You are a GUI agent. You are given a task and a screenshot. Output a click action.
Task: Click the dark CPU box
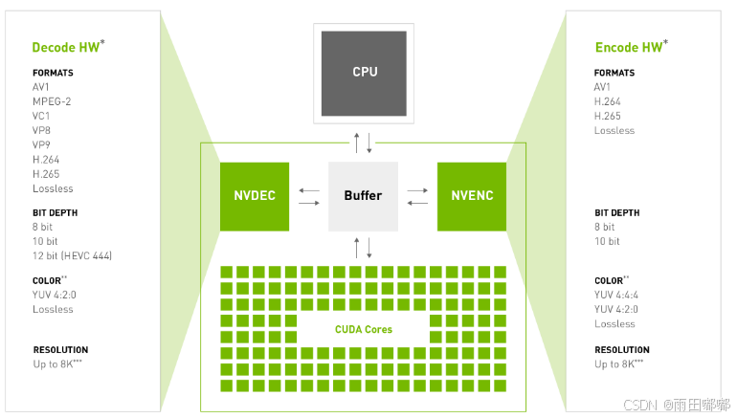[x=363, y=73]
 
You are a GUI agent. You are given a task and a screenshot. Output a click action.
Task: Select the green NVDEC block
[x=254, y=196]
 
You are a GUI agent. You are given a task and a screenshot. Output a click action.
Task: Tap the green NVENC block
[x=471, y=196]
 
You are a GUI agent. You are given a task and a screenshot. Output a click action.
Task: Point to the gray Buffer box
[x=363, y=196]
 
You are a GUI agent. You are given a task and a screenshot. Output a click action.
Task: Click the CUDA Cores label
[x=363, y=329]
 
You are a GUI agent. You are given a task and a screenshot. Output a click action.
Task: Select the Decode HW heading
[x=68, y=47]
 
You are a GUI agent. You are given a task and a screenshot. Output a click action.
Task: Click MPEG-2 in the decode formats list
[x=52, y=101]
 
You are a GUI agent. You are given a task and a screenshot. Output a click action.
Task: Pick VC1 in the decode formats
[x=42, y=116]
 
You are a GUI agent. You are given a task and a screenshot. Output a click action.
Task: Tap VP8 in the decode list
[x=42, y=130]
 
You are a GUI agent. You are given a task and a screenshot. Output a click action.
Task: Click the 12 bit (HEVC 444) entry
[x=73, y=255]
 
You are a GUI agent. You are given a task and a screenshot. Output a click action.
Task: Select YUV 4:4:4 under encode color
[x=616, y=295]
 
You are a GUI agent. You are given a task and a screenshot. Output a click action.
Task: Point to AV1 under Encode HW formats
[x=603, y=87]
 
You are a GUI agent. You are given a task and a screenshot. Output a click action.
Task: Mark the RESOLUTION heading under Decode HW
[x=60, y=350]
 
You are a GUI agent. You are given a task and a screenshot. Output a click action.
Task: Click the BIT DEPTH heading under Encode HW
[x=616, y=213]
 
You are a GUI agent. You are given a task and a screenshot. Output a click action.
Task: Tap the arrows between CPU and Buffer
[x=363, y=143]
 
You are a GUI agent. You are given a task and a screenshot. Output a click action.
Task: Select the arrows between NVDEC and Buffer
[x=309, y=196]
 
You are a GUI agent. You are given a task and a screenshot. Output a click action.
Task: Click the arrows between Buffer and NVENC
[x=417, y=196]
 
